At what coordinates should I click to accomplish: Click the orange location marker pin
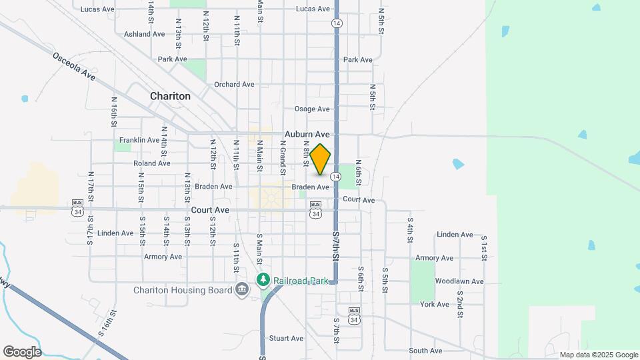click(321, 159)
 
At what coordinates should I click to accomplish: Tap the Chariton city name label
click(170, 96)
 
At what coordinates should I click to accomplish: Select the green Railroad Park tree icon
click(264, 280)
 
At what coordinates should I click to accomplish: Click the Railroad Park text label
click(300, 281)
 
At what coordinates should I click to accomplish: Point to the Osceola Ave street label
click(75, 65)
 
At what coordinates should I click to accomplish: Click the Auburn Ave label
click(307, 133)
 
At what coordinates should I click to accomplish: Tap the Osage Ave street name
click(312, 109)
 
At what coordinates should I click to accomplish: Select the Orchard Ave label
click(234, 85)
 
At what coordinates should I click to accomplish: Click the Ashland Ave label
click(144, 34)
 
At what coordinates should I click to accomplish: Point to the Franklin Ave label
click(139, 140)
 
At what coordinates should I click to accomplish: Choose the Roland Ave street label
click(152, 163)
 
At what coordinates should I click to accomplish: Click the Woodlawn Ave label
click(459, 281)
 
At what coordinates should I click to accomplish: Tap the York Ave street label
click(435, 304)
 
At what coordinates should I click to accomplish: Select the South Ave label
click(425, 351)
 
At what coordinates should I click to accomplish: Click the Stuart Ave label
click(286, 338)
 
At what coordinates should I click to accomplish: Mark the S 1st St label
click(484, 247)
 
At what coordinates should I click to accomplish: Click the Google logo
click(22, 352)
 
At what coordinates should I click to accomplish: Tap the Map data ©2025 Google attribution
click(599, 355)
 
